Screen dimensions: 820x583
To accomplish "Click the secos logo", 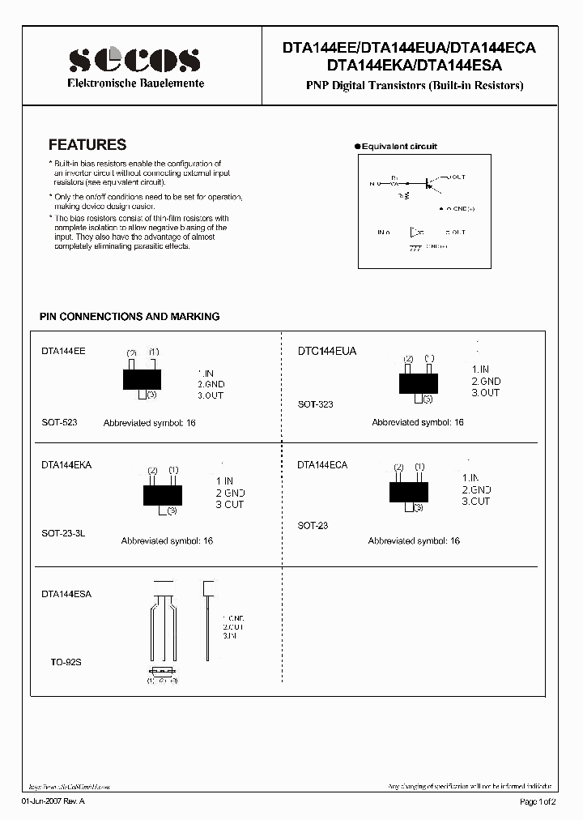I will (134, 59).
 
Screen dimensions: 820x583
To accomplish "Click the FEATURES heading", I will (87, 145).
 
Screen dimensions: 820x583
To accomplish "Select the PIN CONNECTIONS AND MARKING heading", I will (130, 317).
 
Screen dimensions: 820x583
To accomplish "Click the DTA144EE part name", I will (63, 352).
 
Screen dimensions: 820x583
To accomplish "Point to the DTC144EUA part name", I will (326, 352).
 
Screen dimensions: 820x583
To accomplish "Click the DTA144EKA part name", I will (66, 465).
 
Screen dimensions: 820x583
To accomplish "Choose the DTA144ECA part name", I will (322, 465).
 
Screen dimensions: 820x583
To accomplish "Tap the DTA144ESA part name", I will (66, 594).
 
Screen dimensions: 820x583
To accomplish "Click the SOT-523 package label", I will (59, 423).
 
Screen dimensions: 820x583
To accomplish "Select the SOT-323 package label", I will (315, 404).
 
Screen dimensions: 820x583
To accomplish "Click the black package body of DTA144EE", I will (142, 378).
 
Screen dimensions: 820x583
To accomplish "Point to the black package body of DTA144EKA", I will (162, 494).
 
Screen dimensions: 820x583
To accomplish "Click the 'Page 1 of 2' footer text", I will (537, 802).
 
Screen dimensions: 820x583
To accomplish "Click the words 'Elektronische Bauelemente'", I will (134, 83).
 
